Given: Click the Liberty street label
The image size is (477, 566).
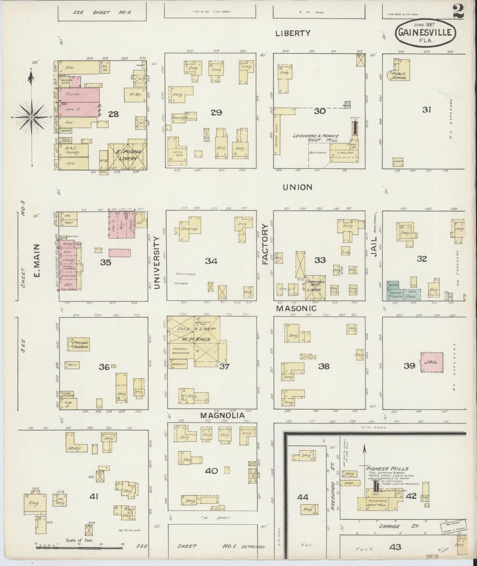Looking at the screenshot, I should pyautogui.click(x=293, y=33).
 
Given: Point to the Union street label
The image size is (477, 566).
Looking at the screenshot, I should pyautogui.click(x=297, y=187).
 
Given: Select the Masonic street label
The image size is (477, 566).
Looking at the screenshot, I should pyautogui.click(x=296, y=308).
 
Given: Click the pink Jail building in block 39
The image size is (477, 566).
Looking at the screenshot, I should pyautogui.click(x=432, y=362).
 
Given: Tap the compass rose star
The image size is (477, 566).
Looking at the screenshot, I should pyautogui.click(x=31, y=118).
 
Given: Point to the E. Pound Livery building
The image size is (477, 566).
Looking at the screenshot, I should pyautogui.click(x=127, y=156).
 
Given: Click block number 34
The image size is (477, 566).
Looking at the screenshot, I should pyautogui.click(x=211, y=261).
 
